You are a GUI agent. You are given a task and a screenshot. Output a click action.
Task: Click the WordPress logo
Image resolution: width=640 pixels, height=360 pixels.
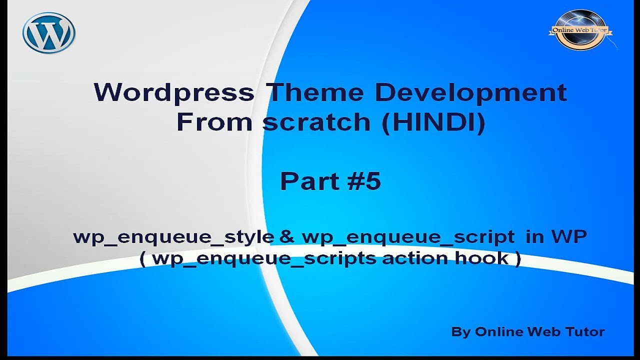tap(48, 32)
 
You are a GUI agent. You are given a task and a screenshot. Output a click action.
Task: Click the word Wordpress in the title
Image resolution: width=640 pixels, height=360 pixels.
tap(173, 93)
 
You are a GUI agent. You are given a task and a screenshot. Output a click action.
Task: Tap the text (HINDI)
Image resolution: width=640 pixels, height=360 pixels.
tap(433, 123)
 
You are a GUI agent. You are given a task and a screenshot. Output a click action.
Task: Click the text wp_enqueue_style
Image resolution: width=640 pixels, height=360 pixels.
tap(173, 237)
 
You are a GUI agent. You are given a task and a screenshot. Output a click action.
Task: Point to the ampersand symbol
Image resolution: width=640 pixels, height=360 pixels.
tap(287, 237)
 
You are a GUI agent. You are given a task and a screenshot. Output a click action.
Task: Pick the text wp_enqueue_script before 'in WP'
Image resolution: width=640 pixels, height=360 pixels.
tap(407, 237)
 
